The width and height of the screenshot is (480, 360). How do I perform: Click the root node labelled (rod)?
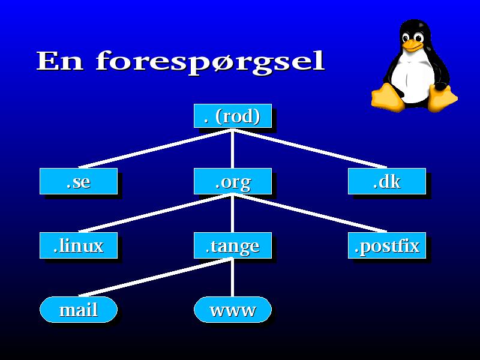pyautogui.click(x=233, y=116)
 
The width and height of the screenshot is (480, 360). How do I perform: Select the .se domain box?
pyautogui.click(x=79, y=181)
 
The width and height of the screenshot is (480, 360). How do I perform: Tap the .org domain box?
pyautogui.click(x=233, y=181)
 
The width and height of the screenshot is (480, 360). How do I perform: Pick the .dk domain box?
pyautogui.click(x=387, y=181)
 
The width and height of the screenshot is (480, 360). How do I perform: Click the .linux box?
pyautogui.click(x=79, y=245)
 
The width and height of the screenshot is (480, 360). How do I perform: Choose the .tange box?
pyautogui.click(x=233, y=245)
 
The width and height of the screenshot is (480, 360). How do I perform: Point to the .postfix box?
pyautogui.click(x=387, y=245)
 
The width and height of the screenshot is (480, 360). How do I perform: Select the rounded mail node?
pyautogui.click(x=79, y=310)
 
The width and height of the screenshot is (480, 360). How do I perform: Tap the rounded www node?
pyautogui.click(x=233, y=310)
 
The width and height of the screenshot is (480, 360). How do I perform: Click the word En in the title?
pyautogui.click(x=59, y=61)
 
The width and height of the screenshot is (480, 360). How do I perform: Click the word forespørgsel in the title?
pyautogui.click(x=210, y=62)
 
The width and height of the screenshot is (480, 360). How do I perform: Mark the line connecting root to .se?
pyautogui.click(x=155, y=149)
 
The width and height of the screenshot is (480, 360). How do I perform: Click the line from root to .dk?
pyautogui.click(x=310, y=149)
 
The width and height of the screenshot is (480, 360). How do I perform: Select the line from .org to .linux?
pyautogui.click(x=155, y=213)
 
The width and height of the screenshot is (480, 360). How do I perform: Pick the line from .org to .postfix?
pyautogui.click(x=310, y=213)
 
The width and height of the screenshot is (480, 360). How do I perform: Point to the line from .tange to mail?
pyautogui.click(x=155, y=277)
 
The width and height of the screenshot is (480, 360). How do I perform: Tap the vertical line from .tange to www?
pyautogui.click(x=233, y=278)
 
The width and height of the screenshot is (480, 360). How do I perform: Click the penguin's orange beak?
pyautogui.click(x=412, y=46)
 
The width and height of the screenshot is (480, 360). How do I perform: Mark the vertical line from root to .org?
pyautogui.click(x=233, y=148)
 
